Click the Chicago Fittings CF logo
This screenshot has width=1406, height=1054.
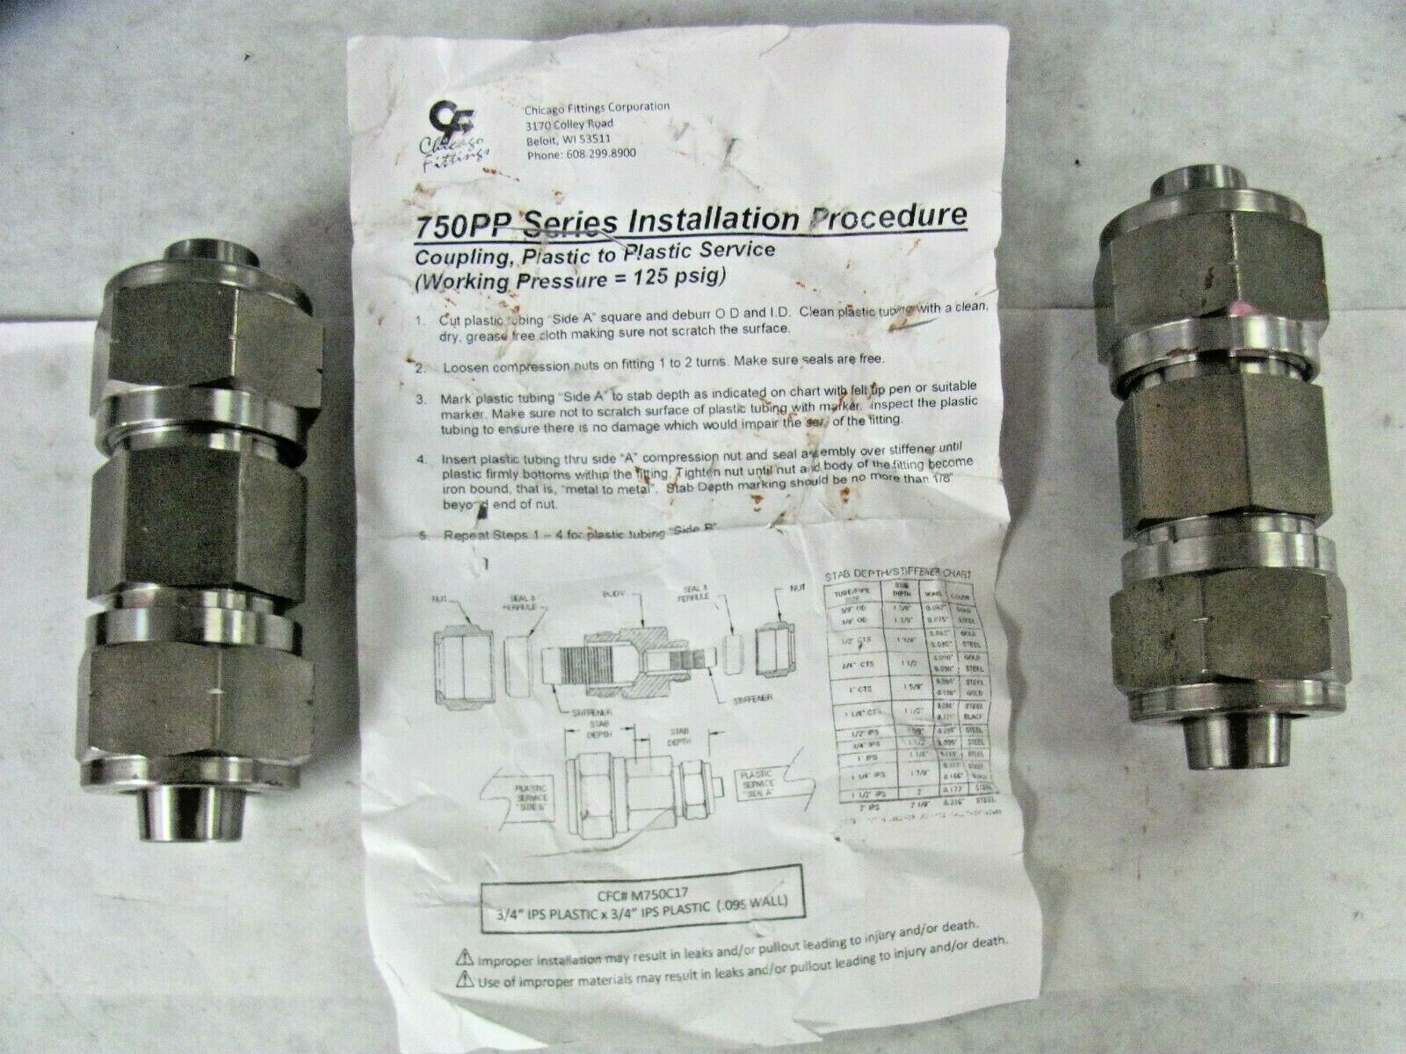[x=441, y=119]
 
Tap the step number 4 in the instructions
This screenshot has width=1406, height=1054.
[x=421, y=458]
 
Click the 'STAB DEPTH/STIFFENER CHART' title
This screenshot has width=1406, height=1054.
[x=895, y=574]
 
